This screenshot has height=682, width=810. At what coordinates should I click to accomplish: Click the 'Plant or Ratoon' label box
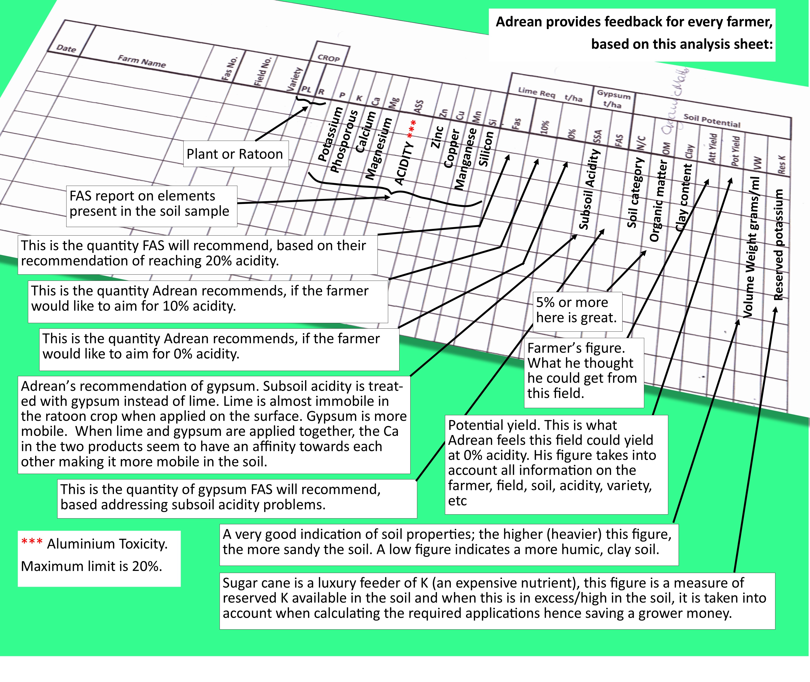point(235,154)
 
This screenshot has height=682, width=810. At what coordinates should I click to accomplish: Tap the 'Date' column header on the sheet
point(66,48)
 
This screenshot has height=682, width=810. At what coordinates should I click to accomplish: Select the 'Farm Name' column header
point(142,61)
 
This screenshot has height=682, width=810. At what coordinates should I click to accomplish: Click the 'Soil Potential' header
point(711,121)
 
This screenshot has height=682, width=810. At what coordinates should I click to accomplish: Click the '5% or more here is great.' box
point(577,310)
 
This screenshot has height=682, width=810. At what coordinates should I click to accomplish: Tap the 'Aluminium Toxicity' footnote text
point(107,544)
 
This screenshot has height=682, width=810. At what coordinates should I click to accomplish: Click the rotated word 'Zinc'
point(437,137)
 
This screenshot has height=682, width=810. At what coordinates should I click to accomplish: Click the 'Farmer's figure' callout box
point(583,371)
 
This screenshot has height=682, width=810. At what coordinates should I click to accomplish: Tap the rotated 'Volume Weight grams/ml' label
point(753,247)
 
